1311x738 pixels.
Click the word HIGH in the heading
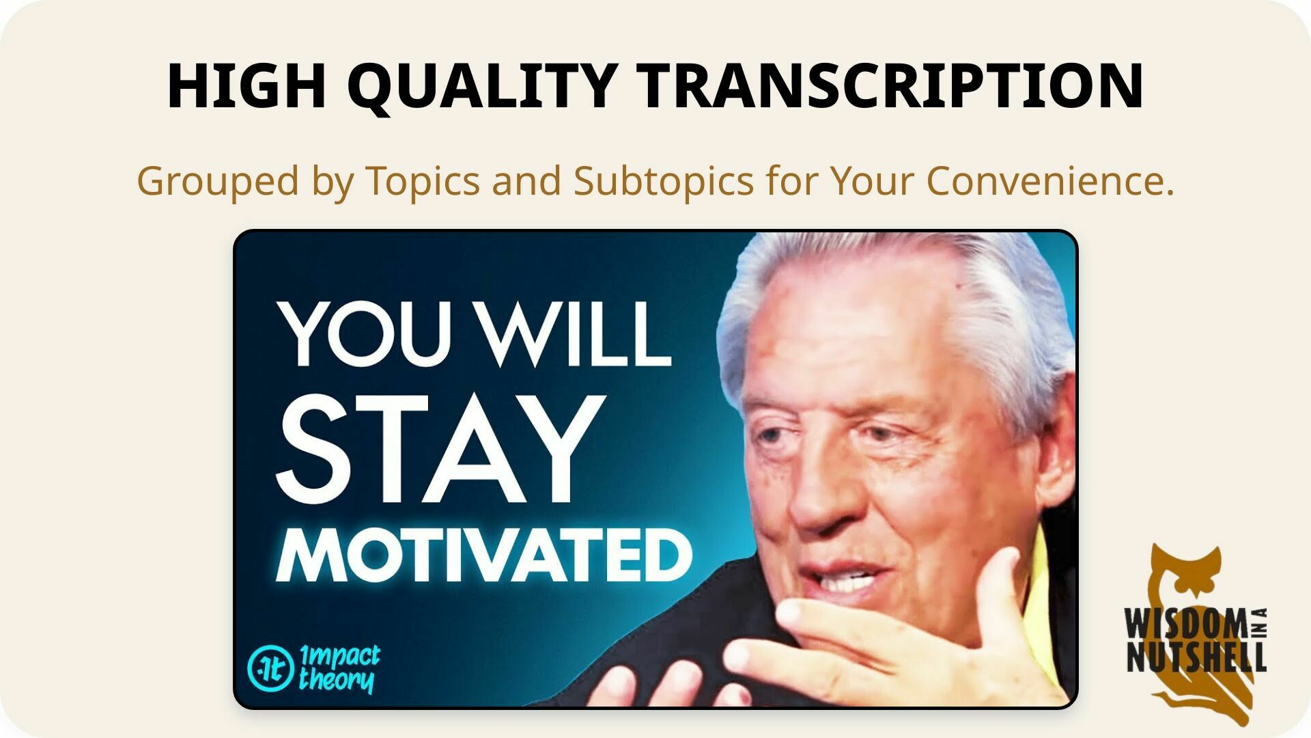(246, 86)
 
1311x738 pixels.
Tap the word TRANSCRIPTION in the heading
(892, 86)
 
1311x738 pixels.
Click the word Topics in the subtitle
(423, 181)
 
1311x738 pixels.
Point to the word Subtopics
(663, 181)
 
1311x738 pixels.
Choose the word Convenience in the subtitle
(1049, 180)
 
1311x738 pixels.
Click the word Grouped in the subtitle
(218, 181)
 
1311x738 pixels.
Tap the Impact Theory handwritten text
(339, 668)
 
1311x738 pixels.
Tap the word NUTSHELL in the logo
(1196, 657)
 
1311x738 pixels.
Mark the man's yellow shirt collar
(1043, 601)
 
